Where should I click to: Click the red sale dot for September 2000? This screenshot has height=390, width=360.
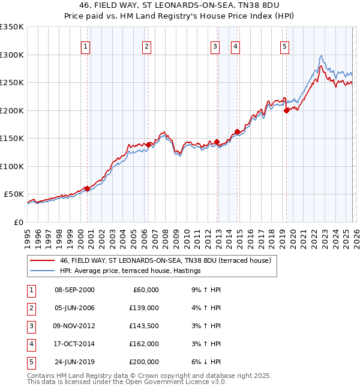click(x=87, y=188)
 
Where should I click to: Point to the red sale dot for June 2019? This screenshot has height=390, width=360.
click(x=286, y=110)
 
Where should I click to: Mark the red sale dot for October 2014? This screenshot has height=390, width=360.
click(x=237, y=131)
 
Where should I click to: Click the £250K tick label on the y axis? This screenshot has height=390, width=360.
click(x=12, y=82)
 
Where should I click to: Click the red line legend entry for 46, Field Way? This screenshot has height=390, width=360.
click(x=165, y=260)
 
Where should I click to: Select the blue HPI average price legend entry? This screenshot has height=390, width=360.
click(x=130, y=271)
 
